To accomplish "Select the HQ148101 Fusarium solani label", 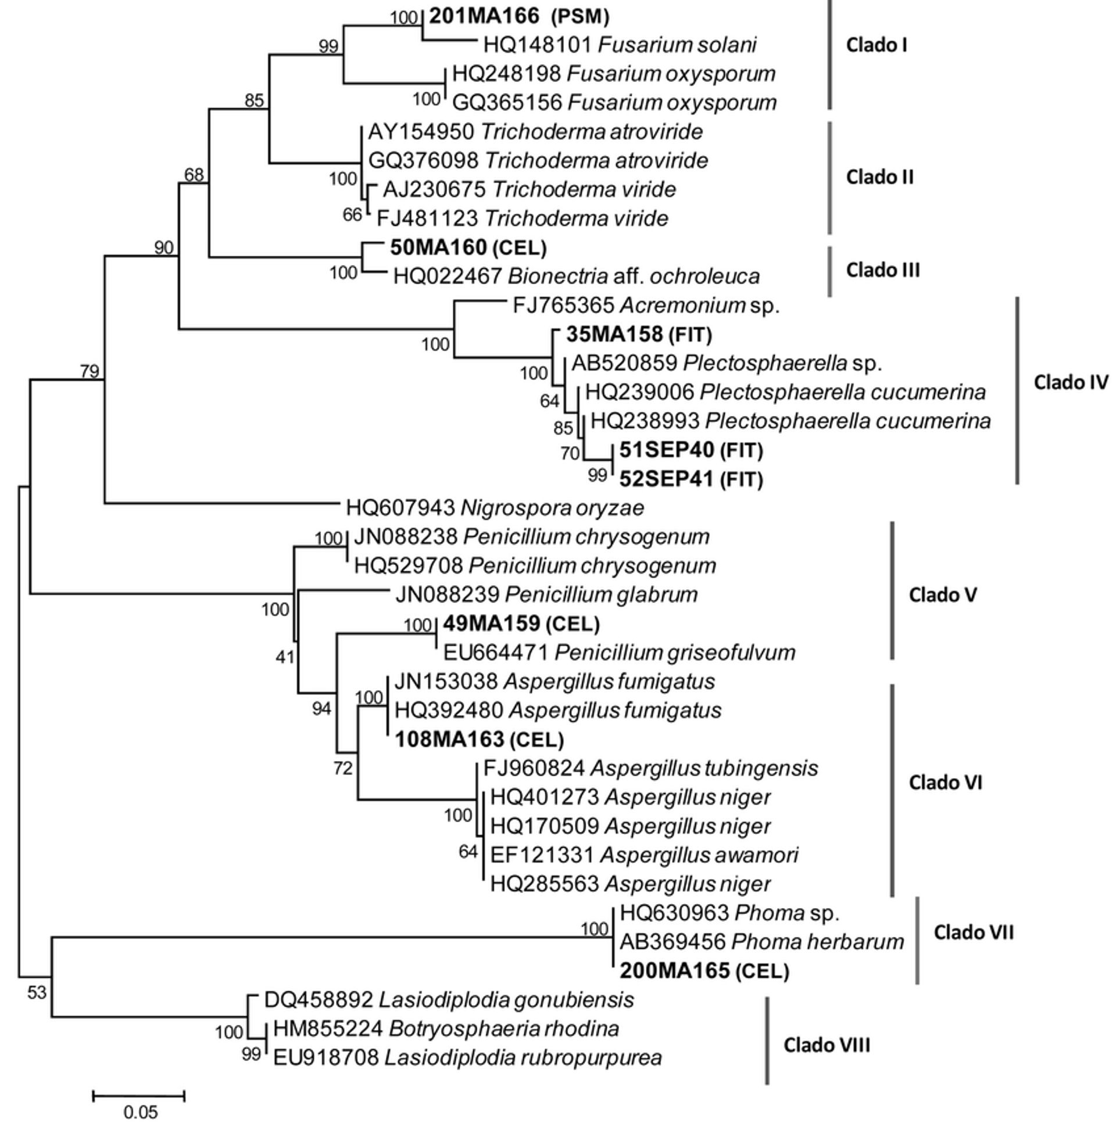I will coord(619,45).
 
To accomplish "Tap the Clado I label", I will coord(876,45).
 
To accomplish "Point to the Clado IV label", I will coord(1070,382).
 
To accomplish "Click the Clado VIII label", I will coord(827,1045).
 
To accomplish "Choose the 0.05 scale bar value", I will coord(141,1111).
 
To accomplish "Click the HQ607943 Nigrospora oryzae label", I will coord(495,508).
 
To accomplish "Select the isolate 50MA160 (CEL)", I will coord(468,248).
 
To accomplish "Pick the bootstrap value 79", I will coord(90,371).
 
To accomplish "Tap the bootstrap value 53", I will coord(36,992).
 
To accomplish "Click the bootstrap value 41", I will coord(284,657).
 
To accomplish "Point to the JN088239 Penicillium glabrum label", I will coord(546,595).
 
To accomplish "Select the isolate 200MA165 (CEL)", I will coord(704,971).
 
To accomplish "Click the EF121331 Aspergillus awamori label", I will coord(643,855).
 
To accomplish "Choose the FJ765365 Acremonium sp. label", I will coord(646,306).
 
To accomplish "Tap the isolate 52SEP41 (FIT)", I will coord(691,479).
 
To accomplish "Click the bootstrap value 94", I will coord(321,709).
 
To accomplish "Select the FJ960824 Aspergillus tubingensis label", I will coord(650,768).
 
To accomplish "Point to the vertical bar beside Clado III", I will coord(829,271).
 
